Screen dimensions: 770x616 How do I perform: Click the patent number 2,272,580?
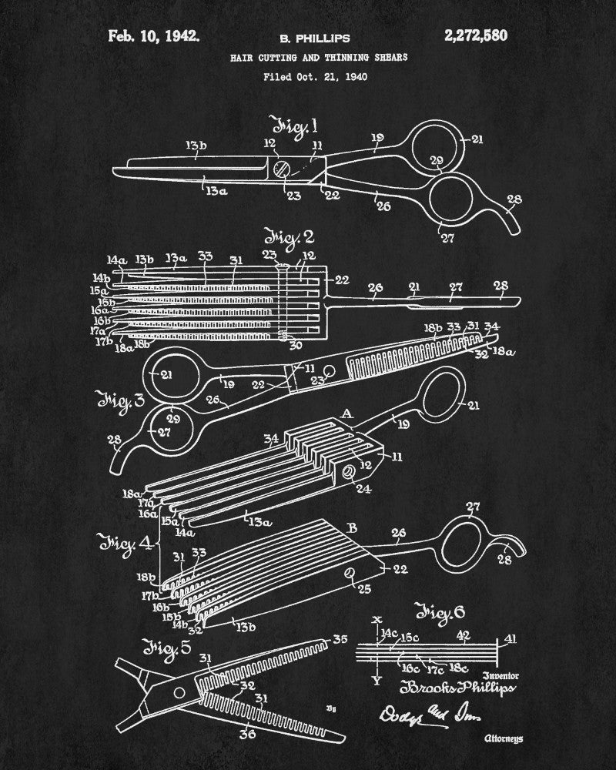[x=471, y=35]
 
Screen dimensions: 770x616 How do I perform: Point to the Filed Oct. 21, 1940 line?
[x=315, y=76]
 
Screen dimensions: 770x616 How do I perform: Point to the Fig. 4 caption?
[x=120, y=544]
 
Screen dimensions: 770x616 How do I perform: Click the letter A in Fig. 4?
[x=346, y=415]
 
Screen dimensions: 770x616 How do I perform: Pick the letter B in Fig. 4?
[x=352, y=528]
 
